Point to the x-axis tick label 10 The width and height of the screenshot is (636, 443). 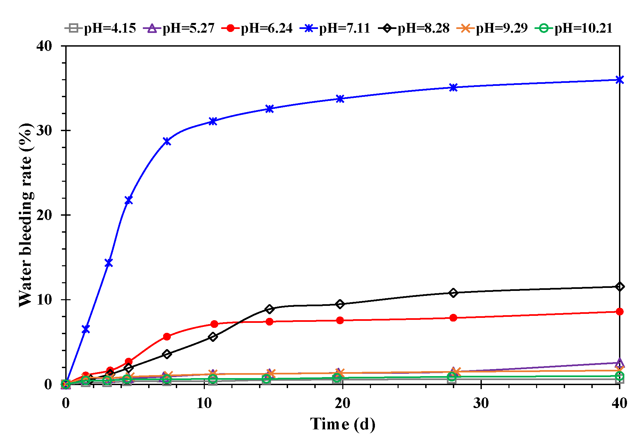(x=204, y=403)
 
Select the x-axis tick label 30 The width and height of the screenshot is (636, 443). (x=481, y=403)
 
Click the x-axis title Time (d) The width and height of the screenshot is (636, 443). (x=343, y=424)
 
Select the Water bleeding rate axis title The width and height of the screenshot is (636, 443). (x=26, y=215)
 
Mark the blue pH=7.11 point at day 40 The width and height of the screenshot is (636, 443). (x=619, y=80)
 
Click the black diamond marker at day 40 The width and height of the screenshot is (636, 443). (x=619, y=287)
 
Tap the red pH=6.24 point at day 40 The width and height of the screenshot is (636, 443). (x=619, y=312)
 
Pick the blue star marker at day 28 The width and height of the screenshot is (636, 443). (x=453, y=88)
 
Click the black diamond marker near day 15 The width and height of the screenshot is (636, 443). (x=270, y=309)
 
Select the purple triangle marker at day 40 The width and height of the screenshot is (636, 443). (x=619, y=362)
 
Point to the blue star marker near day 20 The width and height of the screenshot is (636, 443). (x=340, y=99)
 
